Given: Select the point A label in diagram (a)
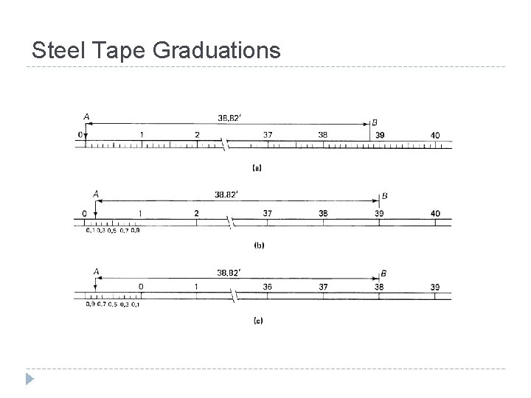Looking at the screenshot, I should click(86, 116).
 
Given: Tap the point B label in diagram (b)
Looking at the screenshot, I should click(384, 196).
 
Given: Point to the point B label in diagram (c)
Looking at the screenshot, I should click(383, 273).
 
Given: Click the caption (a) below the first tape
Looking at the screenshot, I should click(257, 168).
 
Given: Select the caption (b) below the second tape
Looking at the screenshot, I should click(257, 245).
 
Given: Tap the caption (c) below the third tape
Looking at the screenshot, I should click(257, 321).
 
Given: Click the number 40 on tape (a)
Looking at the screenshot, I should click(435, 135).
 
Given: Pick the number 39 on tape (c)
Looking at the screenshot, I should click(435, 287).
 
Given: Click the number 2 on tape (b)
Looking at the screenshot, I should click(197, 213).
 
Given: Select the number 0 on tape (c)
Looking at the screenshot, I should click(141, 287).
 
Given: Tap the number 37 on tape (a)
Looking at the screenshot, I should click(268, 135).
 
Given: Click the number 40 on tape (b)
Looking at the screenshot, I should click(435, 213).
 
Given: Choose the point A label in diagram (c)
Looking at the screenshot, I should click(96, 271).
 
